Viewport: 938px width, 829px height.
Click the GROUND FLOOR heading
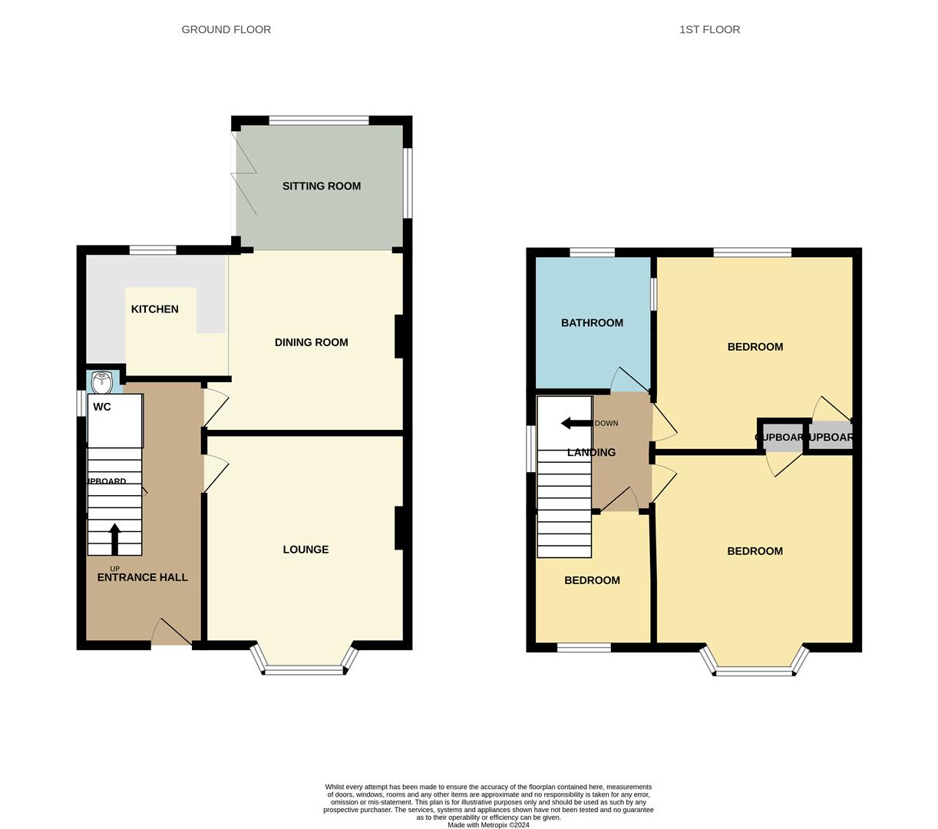(x=226, y=29)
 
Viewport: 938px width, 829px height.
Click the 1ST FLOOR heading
(x=709, y=29)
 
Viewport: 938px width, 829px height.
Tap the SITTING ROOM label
(x=321, y=186)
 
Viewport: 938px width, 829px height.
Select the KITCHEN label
(x=154, y=309)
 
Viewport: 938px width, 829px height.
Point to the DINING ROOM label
(x=311, y=342)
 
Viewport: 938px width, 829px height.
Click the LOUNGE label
(x=306, y=550)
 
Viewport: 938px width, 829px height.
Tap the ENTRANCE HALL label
(x=142, y=577)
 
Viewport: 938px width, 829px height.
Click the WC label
(x=102, y=407)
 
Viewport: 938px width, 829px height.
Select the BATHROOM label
(x=592, y=323)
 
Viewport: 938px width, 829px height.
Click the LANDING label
(x=591, y=453)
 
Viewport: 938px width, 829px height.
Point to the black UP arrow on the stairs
(x=115, y=539)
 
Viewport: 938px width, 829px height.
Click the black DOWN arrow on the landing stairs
(x=576, y=423)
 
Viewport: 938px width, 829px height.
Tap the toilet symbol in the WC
(x=102, y=381)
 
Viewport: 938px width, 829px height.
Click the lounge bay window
(x=304, y=669)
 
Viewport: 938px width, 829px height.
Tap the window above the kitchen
(x=153, y=249)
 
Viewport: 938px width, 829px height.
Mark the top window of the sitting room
(x=319, y=120)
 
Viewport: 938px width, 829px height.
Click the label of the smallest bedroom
(x=592, y=580)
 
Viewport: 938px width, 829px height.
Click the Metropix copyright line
(x=488, y=824)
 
